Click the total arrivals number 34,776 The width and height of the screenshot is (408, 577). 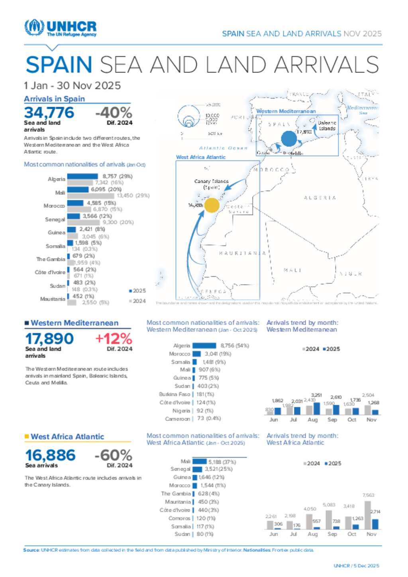49,113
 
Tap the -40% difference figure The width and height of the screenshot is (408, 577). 114,113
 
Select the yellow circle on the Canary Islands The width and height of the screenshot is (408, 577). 212,205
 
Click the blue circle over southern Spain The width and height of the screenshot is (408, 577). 289,139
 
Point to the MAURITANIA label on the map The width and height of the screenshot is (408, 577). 242,253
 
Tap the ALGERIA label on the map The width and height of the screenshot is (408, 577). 320,198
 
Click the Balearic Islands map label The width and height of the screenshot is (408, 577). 327,126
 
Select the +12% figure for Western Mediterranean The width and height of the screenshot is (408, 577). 114,339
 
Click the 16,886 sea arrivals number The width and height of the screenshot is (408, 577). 50,455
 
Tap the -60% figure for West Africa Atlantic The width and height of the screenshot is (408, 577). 113,455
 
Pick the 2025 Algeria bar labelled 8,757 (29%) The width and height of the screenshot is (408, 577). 82,176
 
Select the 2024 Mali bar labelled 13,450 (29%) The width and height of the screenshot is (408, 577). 90,196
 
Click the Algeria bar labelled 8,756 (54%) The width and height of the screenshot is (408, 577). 204,346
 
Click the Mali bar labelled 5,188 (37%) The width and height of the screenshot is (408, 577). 199,462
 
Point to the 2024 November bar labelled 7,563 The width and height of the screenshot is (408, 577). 367,515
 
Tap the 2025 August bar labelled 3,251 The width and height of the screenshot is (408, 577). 317,409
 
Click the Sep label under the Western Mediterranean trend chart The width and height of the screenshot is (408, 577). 332,420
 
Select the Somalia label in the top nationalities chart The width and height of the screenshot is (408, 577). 55,246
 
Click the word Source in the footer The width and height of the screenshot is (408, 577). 31,550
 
